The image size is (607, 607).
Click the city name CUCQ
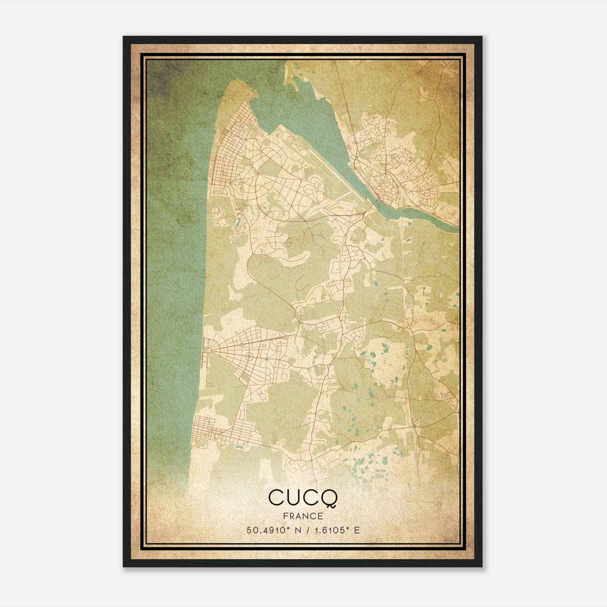tap(303, 498)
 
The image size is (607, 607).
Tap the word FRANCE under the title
tap(303, 516)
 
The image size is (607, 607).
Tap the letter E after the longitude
tap(357, 530)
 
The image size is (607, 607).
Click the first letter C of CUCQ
tap(275, 498)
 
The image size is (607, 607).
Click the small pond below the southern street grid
tap(240, 447)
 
